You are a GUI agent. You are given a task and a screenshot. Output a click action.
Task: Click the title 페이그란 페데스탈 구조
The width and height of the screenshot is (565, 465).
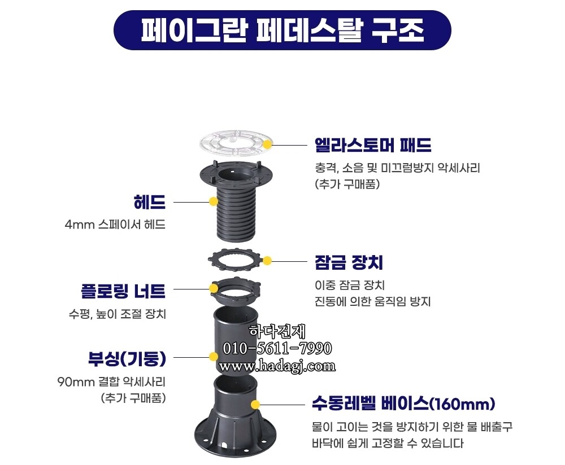pos(282,30)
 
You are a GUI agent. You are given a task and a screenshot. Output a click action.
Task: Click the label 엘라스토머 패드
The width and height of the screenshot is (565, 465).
pos(372,146)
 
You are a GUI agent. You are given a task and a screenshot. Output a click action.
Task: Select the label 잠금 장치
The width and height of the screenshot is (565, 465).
pos(349,262)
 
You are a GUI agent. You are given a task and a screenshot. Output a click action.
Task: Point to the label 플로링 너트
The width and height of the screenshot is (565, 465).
pos(123,291)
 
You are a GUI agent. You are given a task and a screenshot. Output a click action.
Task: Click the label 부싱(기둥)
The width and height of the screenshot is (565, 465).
pos(126,358)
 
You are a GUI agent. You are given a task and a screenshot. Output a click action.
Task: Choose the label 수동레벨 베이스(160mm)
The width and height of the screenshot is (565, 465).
pos(403,404)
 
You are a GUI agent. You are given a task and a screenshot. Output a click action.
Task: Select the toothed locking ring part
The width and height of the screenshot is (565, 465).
pos(234,260)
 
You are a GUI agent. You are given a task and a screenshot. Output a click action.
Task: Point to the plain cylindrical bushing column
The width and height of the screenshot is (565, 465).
pos(233,339)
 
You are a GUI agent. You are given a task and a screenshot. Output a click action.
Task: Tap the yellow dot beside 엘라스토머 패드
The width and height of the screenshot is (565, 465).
pos(268,144)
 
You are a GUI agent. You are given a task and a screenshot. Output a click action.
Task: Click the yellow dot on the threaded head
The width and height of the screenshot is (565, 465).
pos(213,201)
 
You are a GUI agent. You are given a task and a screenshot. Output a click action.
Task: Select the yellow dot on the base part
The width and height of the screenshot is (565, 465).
pos(255,404)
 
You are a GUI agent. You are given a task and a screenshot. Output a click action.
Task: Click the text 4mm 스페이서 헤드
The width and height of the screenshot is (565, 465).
pos(115,225)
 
